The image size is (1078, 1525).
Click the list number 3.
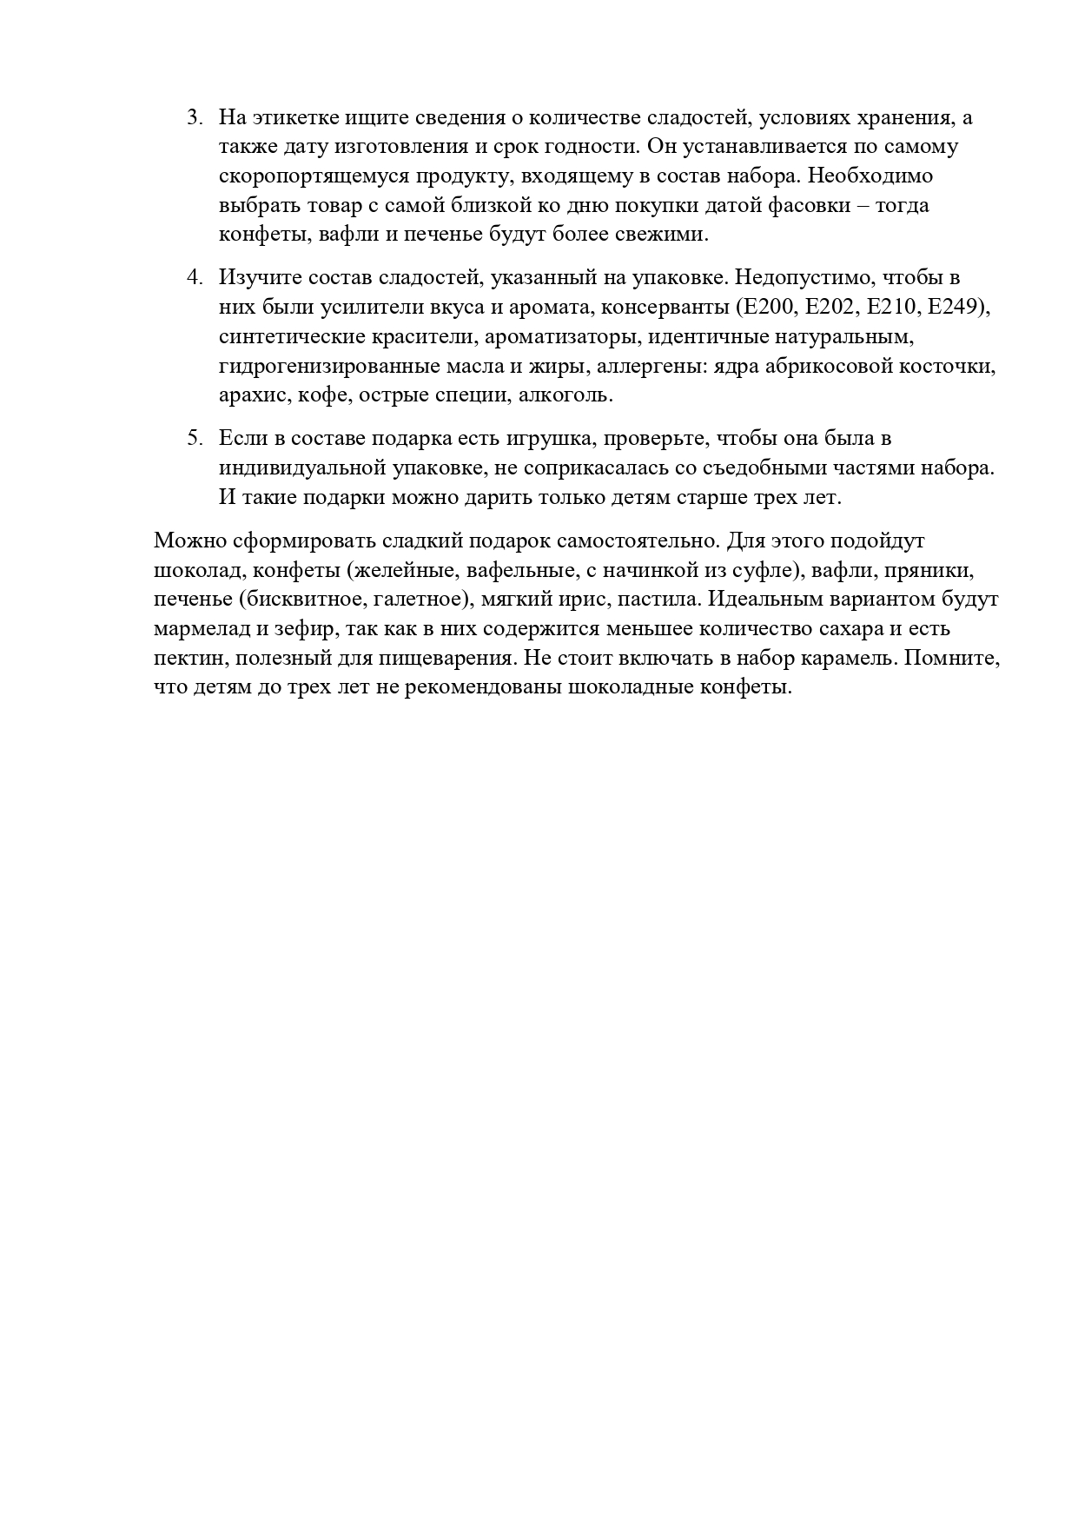[193, 117]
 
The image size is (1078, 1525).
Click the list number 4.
[193, 278]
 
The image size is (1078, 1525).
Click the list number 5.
[193, 438]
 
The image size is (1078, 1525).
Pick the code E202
[830, 308]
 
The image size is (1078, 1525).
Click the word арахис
[252, 396]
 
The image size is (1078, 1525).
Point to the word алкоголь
[575, 396]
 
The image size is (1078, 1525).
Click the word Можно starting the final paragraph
[190, 541]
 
